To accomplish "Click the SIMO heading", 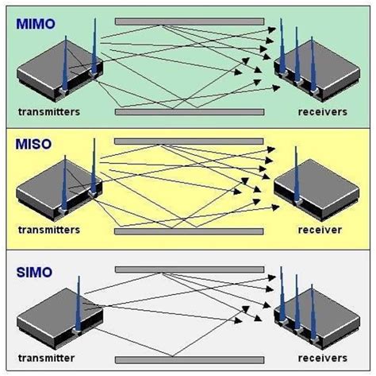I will pos(32,273).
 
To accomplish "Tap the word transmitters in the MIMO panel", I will pos(49,112).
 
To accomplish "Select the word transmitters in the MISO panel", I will pos(49,230).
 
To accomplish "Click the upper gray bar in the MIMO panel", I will pos(189,21).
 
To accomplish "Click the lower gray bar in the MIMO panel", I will pos(189,112).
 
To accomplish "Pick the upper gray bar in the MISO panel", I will pos(189,141).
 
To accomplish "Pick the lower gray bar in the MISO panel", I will pos(189,231).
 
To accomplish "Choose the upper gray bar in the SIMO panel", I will pos(189,269).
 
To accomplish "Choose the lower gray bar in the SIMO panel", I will pos(189,357).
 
